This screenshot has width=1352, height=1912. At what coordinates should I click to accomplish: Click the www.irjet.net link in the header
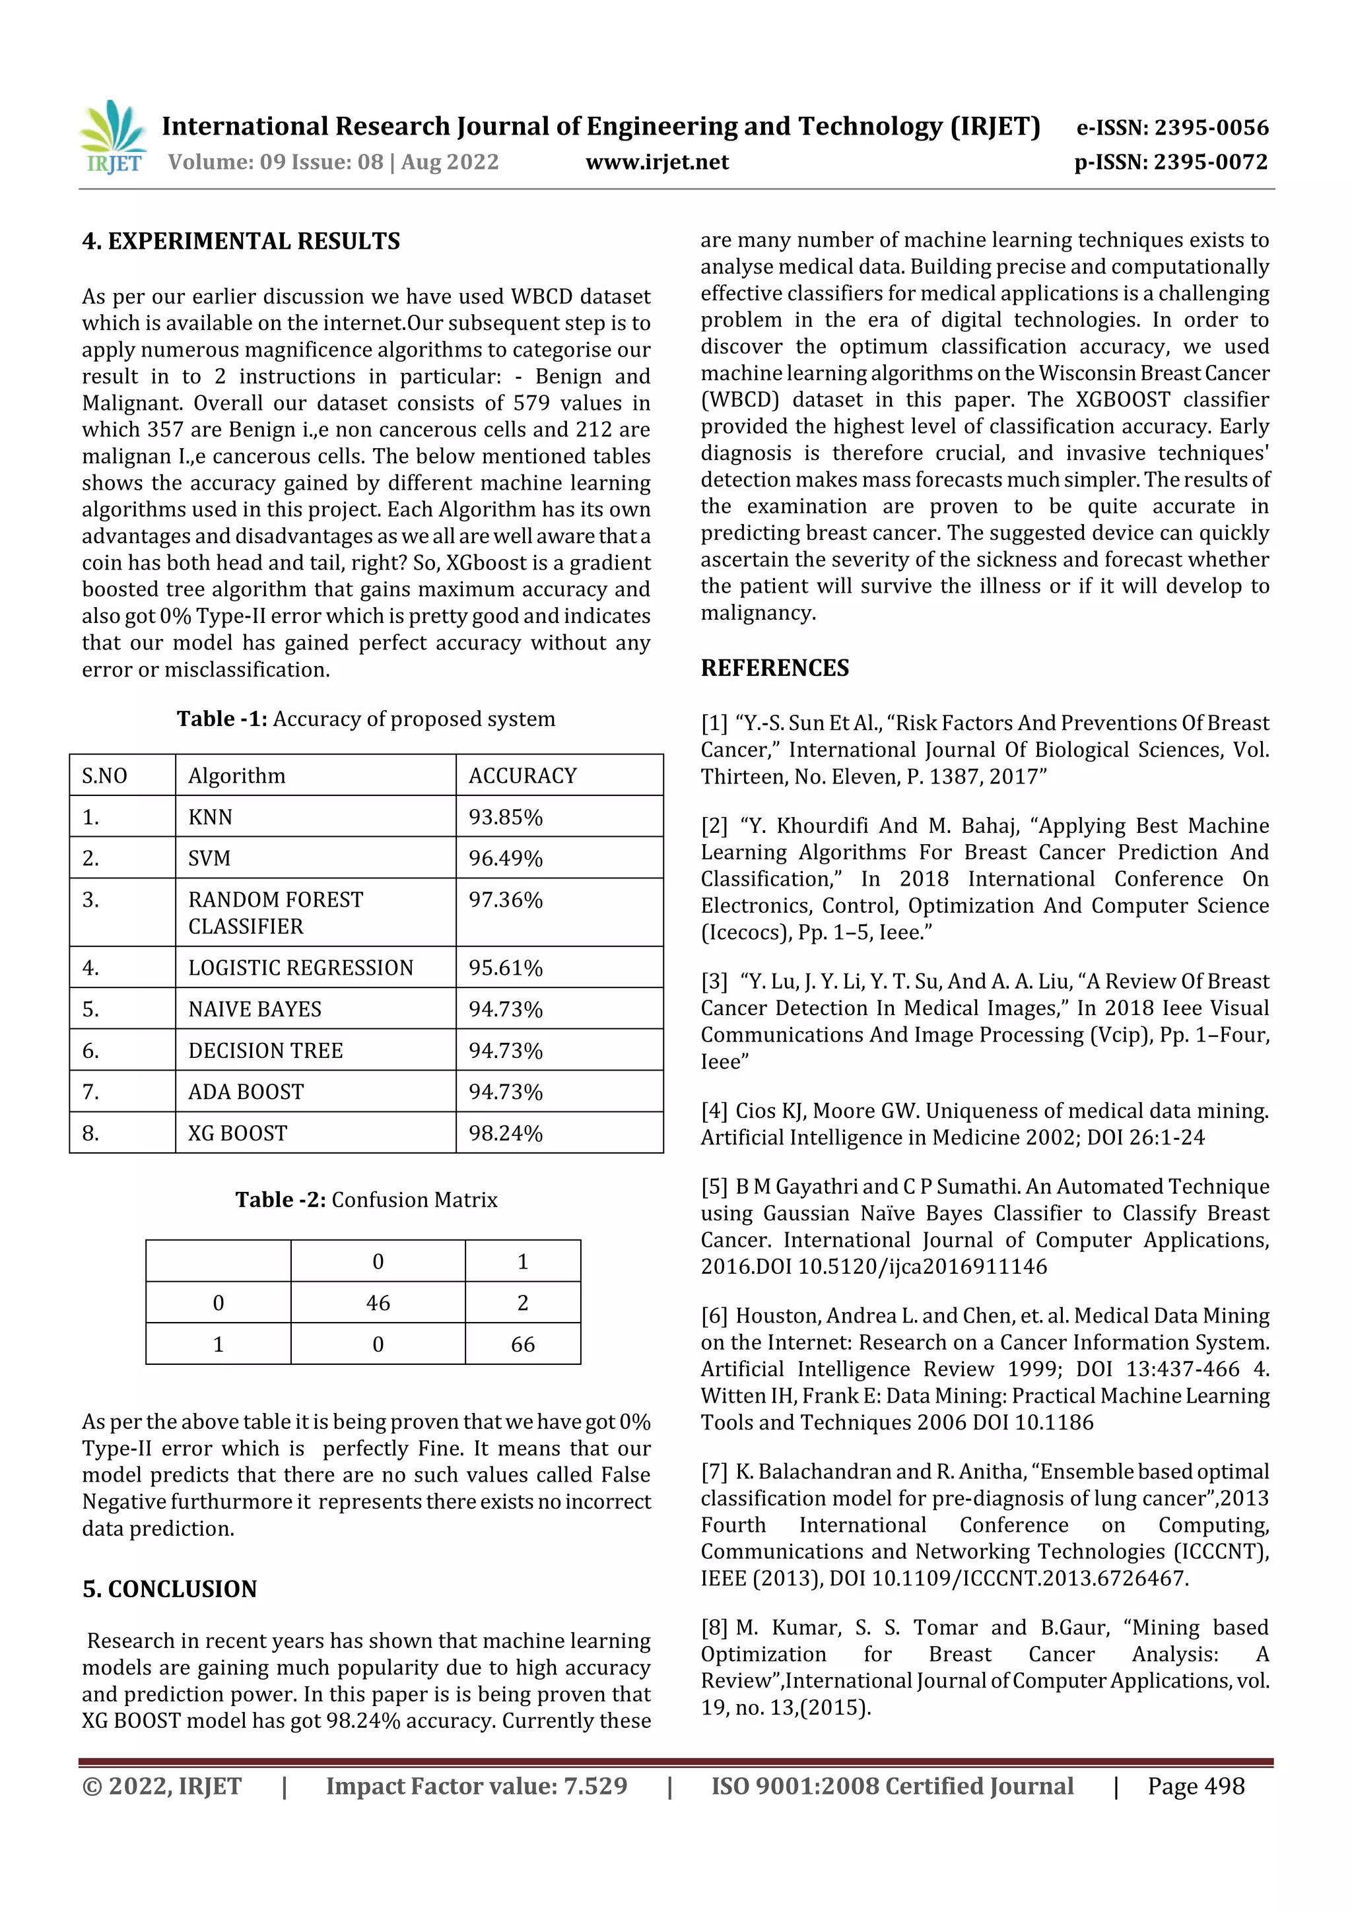tap(656, 162)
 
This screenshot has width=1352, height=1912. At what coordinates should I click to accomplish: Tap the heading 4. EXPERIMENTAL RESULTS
tap(241, 242)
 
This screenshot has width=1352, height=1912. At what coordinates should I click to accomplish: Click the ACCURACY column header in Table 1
tap(522, 775)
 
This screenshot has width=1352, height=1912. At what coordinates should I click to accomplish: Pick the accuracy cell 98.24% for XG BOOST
tap(505, 1133)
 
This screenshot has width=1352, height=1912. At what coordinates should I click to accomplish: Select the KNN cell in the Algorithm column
tap(210, 817)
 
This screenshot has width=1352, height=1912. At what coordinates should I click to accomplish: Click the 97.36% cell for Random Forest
tap(505, 900)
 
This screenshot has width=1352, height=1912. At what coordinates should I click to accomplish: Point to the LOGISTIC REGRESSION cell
tap(301, 968)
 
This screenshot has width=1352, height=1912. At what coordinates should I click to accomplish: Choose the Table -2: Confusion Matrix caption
tap(366, 1199)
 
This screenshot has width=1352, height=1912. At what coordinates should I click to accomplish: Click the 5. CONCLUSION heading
tap(169, 1589)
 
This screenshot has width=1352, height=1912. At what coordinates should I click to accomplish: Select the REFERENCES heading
tap(775, 668)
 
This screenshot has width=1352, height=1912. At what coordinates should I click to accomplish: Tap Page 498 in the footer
tap(1196, 1785)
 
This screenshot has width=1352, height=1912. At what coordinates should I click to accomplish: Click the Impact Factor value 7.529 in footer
tap(477, 1785)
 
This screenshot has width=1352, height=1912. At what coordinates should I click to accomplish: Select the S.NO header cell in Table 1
tap(104, 775)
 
